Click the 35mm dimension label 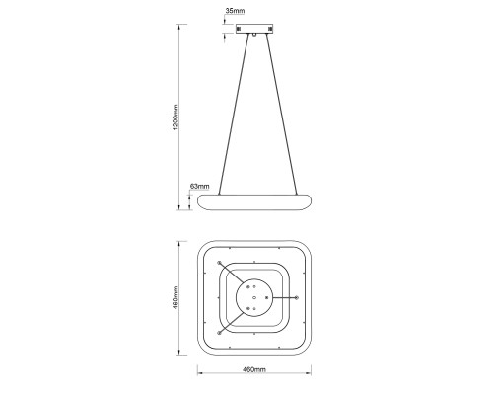pyautogui.click(x=235, y=10)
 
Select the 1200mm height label pyautogui.click(x=176, y=118)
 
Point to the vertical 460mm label pyautogui.click(x=176, y=296)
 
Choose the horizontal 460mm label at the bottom pyautogui.click(x=254, y=369)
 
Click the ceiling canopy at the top pyautogui.click(x=254, y=30)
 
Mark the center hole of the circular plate pyautogui.click(x=254, y=296)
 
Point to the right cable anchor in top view pyautogui.click(x=297, y=296)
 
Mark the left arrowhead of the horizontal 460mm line pyautogui.click(x=200, y=375)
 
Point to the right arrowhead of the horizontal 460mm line pyautogui.click(x=310, y=375)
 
